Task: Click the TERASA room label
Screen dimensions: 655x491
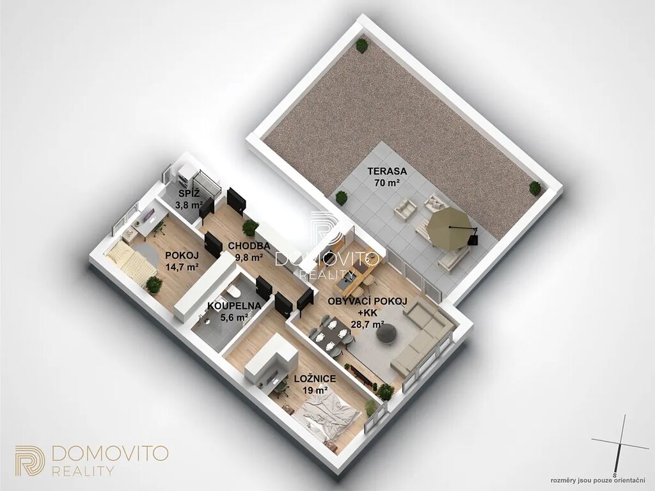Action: click(x=387, y=171)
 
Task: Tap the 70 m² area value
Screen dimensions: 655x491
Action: click(x=387, y=182)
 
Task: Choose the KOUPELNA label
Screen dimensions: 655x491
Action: click(x=234, y=306)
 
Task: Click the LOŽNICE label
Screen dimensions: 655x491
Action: click(x=315, y=378)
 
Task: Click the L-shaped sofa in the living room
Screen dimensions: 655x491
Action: click(x=422, y=338)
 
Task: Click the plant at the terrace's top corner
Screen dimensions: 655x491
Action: click(x=362, y=45)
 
